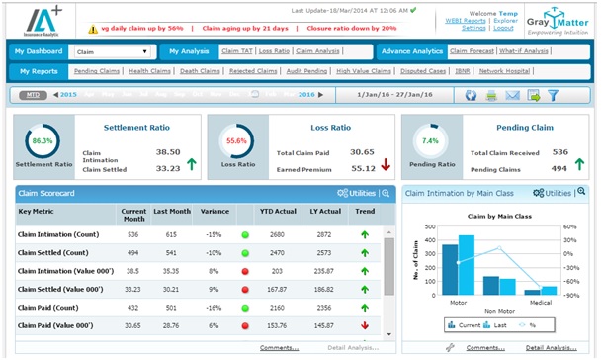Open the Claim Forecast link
click(472, 50)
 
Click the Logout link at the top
click(503, 28)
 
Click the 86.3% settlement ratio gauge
click(43, 142)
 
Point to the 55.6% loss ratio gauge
click(236, 142)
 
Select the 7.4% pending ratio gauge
click(431, 142)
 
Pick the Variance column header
click(210, 211)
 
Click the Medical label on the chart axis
click(541, 302)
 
